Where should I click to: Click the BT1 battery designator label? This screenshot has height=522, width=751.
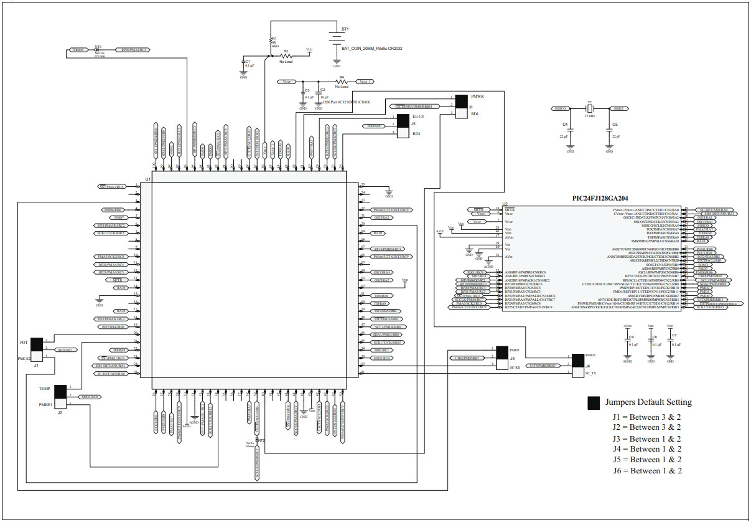tap(345, 29)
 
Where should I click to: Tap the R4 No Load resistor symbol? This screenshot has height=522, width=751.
tap(341, 82)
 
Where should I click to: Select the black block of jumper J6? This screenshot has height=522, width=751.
tap(461, 102)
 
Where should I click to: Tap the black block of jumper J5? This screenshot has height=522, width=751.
tap(403, 121)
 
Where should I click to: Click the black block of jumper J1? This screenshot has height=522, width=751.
tap(36, 344)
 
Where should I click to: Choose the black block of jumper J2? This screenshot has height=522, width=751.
tap(60, 392)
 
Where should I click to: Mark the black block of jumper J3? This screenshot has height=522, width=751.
tap(503, 353)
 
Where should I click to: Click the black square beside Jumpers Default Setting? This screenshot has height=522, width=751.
tap(594, 403)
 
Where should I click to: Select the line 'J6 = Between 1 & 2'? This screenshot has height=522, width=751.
tap(647, 470)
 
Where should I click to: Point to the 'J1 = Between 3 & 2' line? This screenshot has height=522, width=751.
tap(647, 416)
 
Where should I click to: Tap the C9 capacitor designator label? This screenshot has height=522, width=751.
tap(631, 337)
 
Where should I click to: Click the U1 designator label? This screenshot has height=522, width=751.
tap(148, 179)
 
